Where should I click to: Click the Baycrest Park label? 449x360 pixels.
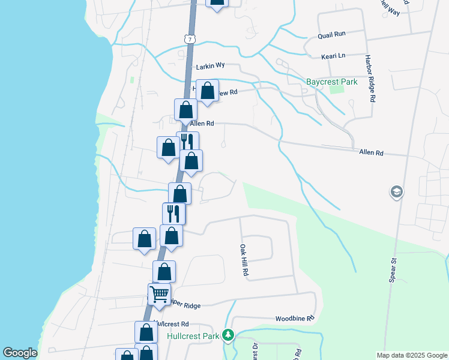click(x=331, y=82)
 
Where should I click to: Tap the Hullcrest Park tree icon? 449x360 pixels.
click(x=228, y=335)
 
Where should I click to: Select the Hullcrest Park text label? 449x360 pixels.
click(x=193, y=336)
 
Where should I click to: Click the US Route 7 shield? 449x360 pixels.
click(x=189, y=38)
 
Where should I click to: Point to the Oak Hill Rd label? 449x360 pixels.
click(x=244, y=260)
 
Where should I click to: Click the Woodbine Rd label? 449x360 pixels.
click(x=294, y=319)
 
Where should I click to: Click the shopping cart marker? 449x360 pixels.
click(x=159, y=294)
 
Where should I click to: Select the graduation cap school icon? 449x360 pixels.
click(x=396, y=192)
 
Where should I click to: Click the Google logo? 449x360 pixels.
click(x=20, y=353)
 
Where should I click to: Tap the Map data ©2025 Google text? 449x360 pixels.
click(x=411, y=355)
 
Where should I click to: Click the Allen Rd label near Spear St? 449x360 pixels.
click(x=371, y=153)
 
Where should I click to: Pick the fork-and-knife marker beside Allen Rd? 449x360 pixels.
click(x=187, y=142)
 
